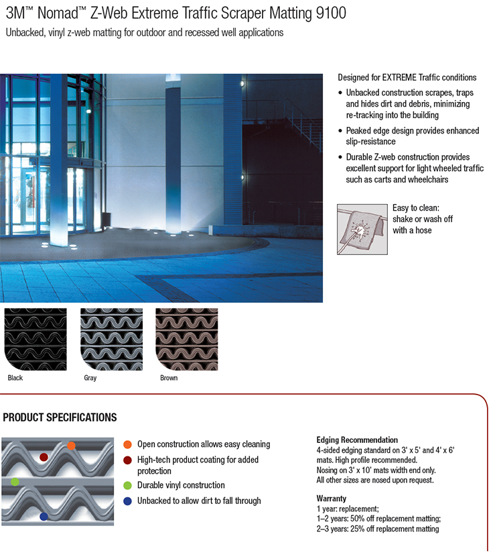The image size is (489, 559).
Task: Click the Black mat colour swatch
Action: coord(36,338)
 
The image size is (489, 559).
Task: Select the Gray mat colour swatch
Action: coord(112,338)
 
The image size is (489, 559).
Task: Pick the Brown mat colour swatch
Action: coord(187,338)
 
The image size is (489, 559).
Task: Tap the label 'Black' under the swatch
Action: coord(15,378)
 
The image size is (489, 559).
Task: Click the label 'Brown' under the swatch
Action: coord(169,378)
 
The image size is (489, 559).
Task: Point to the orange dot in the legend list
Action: coord(127,444)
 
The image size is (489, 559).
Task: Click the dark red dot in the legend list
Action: coord(127,460)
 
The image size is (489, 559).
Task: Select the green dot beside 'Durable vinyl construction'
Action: coord(127,485)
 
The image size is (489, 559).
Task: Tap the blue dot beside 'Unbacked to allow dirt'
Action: coord(127,501)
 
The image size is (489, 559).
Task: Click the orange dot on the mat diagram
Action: coord(71,446)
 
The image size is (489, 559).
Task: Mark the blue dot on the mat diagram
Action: coord(44,517)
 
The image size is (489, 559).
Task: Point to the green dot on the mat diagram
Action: coord(15,482)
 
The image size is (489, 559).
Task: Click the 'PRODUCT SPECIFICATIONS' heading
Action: coord(60,418)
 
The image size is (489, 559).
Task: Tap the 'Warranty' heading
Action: coord(332,499)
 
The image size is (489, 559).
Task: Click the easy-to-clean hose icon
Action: coord(361,228)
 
